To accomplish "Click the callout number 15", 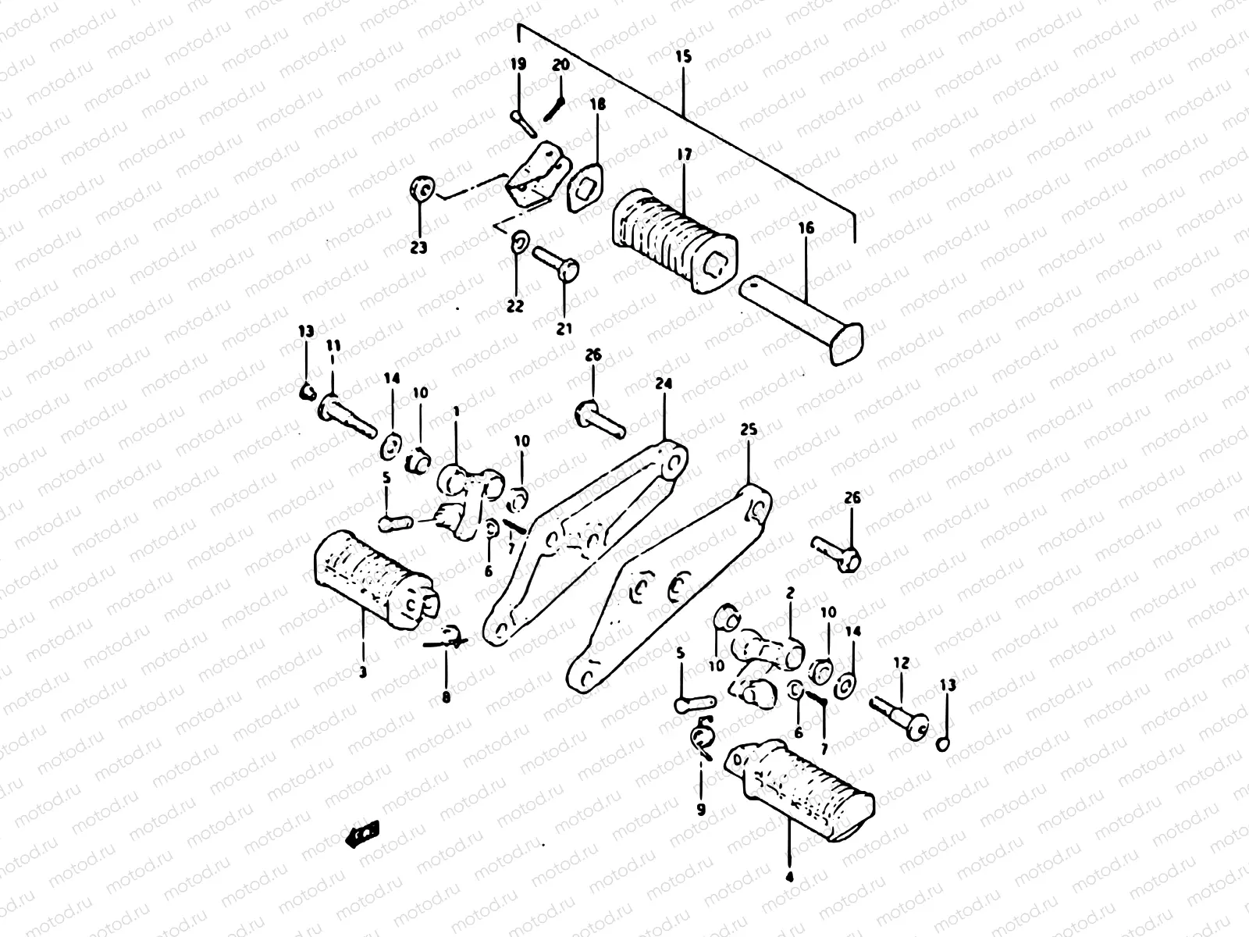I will [683, 58].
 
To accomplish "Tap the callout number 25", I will [749, 430].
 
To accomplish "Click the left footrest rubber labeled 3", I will [375, 575].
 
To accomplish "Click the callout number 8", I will [446, 698].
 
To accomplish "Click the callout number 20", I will [561, 66].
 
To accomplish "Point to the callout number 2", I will [790, 593].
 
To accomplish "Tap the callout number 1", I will [456, 410].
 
